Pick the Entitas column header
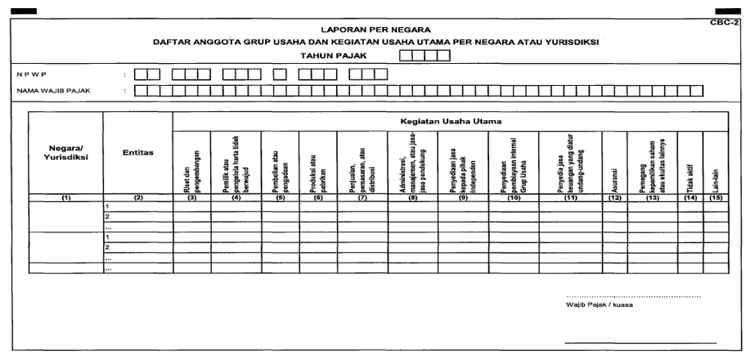[x=137, y=152]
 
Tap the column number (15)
[x=715, y=197]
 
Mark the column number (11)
[x=570, y=197]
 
